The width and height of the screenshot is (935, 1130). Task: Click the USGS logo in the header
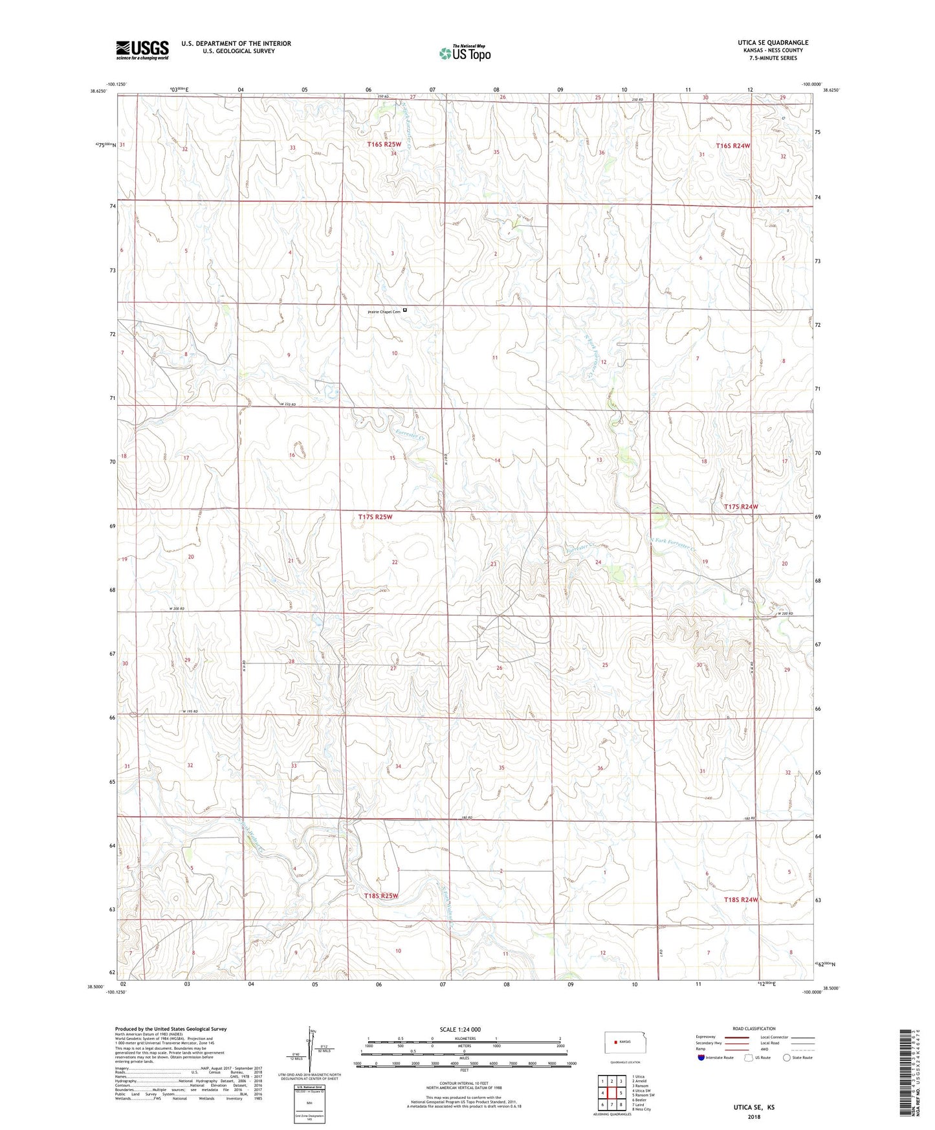point(142,49)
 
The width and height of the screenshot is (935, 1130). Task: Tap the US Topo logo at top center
point(463,53)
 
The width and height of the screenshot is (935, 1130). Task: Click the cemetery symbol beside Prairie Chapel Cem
point(405,310)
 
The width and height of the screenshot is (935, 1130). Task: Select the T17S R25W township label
point(375,516)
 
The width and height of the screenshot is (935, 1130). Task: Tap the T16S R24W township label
point(733,146)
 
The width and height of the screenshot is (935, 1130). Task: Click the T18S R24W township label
point(740,899)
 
